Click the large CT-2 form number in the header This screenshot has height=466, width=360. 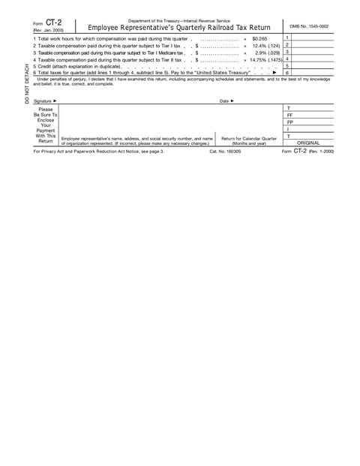point(54,23)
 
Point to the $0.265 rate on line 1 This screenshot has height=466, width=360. point(259,38)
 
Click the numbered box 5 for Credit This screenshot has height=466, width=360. point(288,66)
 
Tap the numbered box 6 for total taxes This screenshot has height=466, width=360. point(288,73)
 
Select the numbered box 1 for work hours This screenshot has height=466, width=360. point(288,38)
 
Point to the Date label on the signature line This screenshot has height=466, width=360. point(226,101)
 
